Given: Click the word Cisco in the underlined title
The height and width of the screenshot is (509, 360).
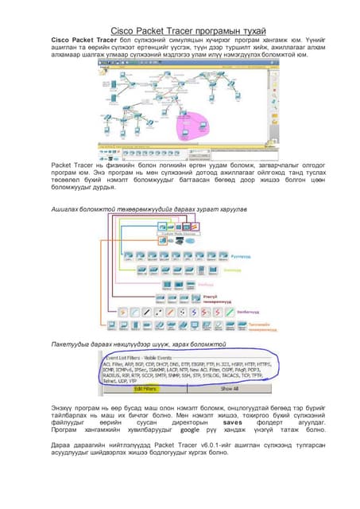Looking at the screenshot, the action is [122, 30].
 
